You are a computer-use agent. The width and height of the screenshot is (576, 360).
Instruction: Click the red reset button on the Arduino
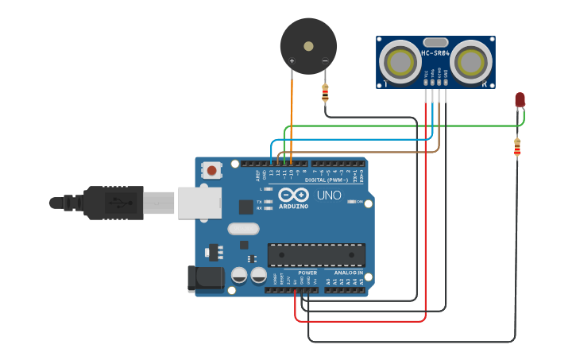[212, 170]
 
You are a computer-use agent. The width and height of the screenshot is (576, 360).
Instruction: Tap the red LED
[520, 99]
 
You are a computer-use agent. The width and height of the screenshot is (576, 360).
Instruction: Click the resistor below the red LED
[517, 147]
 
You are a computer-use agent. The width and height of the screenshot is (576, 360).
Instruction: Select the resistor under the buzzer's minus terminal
[324, 93]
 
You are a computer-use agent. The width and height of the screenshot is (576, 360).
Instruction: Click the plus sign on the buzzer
[292, 61]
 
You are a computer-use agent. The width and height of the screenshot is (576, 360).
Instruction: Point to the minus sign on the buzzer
[324, 61]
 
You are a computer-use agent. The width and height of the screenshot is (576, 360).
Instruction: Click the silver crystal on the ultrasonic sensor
[435, 41]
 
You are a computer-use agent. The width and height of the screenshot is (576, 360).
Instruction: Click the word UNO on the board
[329, 195]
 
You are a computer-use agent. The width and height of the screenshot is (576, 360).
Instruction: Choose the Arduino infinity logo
[292, 195]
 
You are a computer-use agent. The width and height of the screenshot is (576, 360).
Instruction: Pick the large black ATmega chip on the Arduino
[316, 254]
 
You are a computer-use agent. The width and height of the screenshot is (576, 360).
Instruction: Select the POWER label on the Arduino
[307, 273]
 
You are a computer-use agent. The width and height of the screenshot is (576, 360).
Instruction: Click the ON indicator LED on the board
[352, 202]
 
